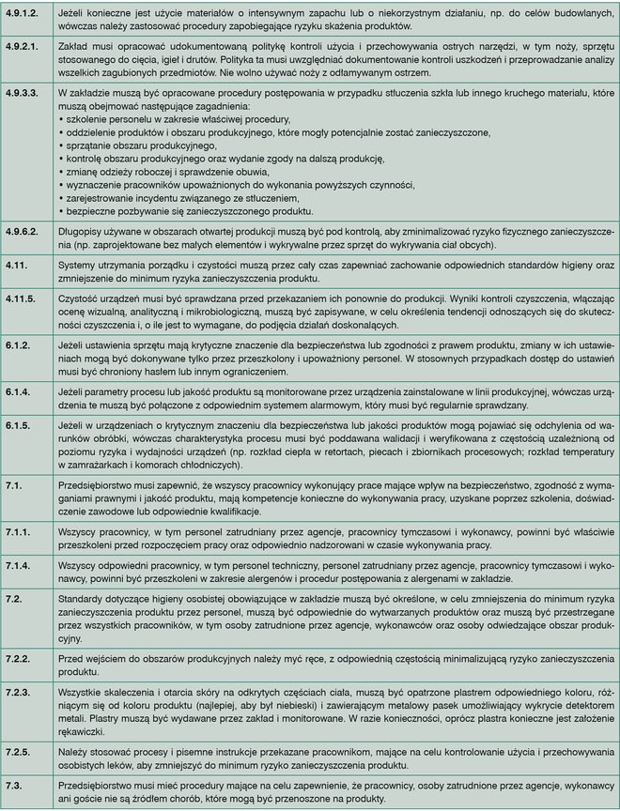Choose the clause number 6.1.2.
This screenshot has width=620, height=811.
point(19,346)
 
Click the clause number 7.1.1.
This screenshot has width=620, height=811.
point(19,530)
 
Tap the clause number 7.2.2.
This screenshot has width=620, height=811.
point(19,659)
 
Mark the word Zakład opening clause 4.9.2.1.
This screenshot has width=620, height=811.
point(74,46)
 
